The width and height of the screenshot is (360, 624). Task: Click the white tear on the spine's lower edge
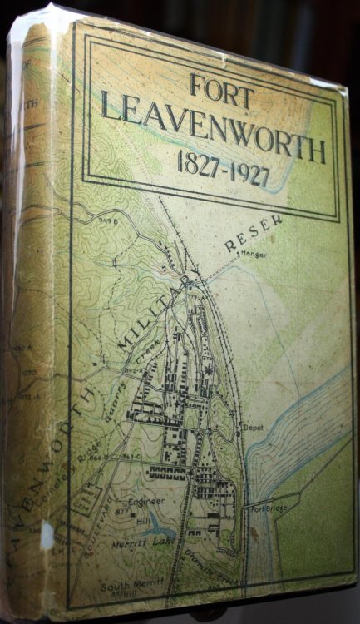click(47, 533)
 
